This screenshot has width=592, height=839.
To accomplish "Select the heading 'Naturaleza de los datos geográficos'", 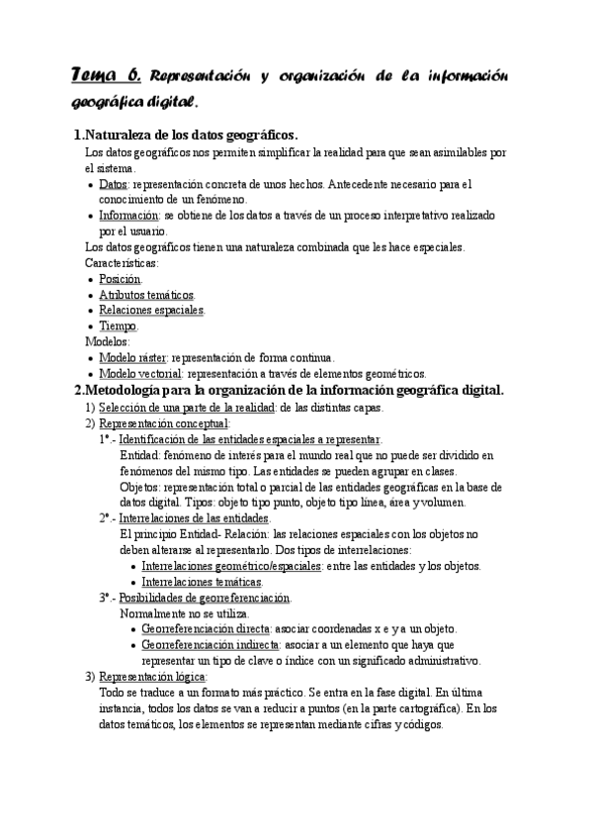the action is [x=192, y=136].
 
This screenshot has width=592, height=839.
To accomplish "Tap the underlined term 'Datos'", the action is [x=114, y=184].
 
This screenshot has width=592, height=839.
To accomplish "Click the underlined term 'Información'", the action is [x=129, y=215].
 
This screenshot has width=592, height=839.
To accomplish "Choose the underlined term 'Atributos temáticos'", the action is [x=146, y=295].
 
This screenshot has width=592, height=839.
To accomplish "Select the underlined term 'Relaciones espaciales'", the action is [x=151, y=311].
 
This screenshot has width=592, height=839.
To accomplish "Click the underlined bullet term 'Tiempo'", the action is [x=118, y=326].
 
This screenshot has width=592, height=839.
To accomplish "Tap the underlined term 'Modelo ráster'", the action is [x=133, y=357].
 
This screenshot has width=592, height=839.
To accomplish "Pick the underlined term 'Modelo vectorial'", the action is [x=140, y=373].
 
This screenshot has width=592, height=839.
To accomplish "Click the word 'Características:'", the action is [x=122, y=263].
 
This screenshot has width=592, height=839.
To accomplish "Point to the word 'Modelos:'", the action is [x=107, y=341].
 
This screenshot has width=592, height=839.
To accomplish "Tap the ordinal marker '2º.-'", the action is [x=107, y=517].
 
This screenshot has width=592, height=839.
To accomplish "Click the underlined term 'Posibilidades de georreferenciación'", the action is [x=205, y=598].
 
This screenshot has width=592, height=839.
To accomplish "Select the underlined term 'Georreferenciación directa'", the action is [x=205, y=628].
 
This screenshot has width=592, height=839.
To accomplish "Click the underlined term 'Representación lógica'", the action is [x=152, y=677].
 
